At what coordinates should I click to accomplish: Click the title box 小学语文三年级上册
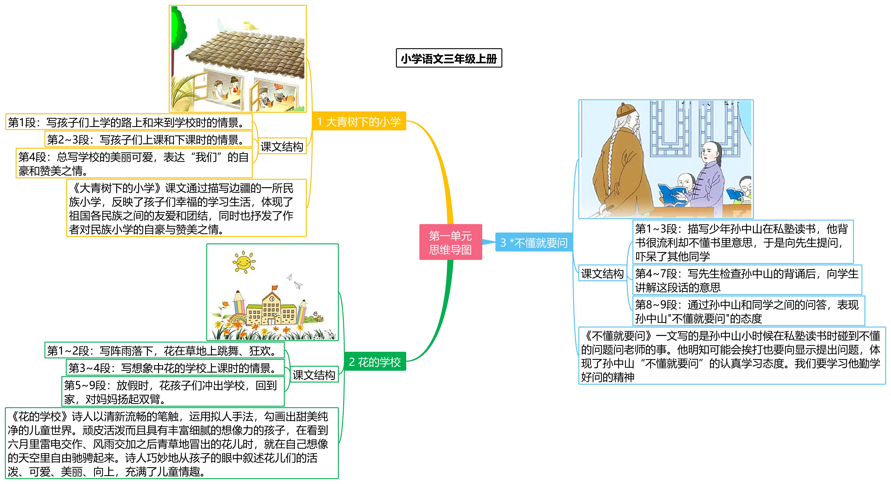(x=449, y=58)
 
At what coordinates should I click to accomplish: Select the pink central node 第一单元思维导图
(x=450, y=242)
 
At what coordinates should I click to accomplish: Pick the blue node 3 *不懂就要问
(x=534, y=242)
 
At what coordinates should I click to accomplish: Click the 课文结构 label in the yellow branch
(x=282, y=146)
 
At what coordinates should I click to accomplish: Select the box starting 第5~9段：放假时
(x=173, y=392)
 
